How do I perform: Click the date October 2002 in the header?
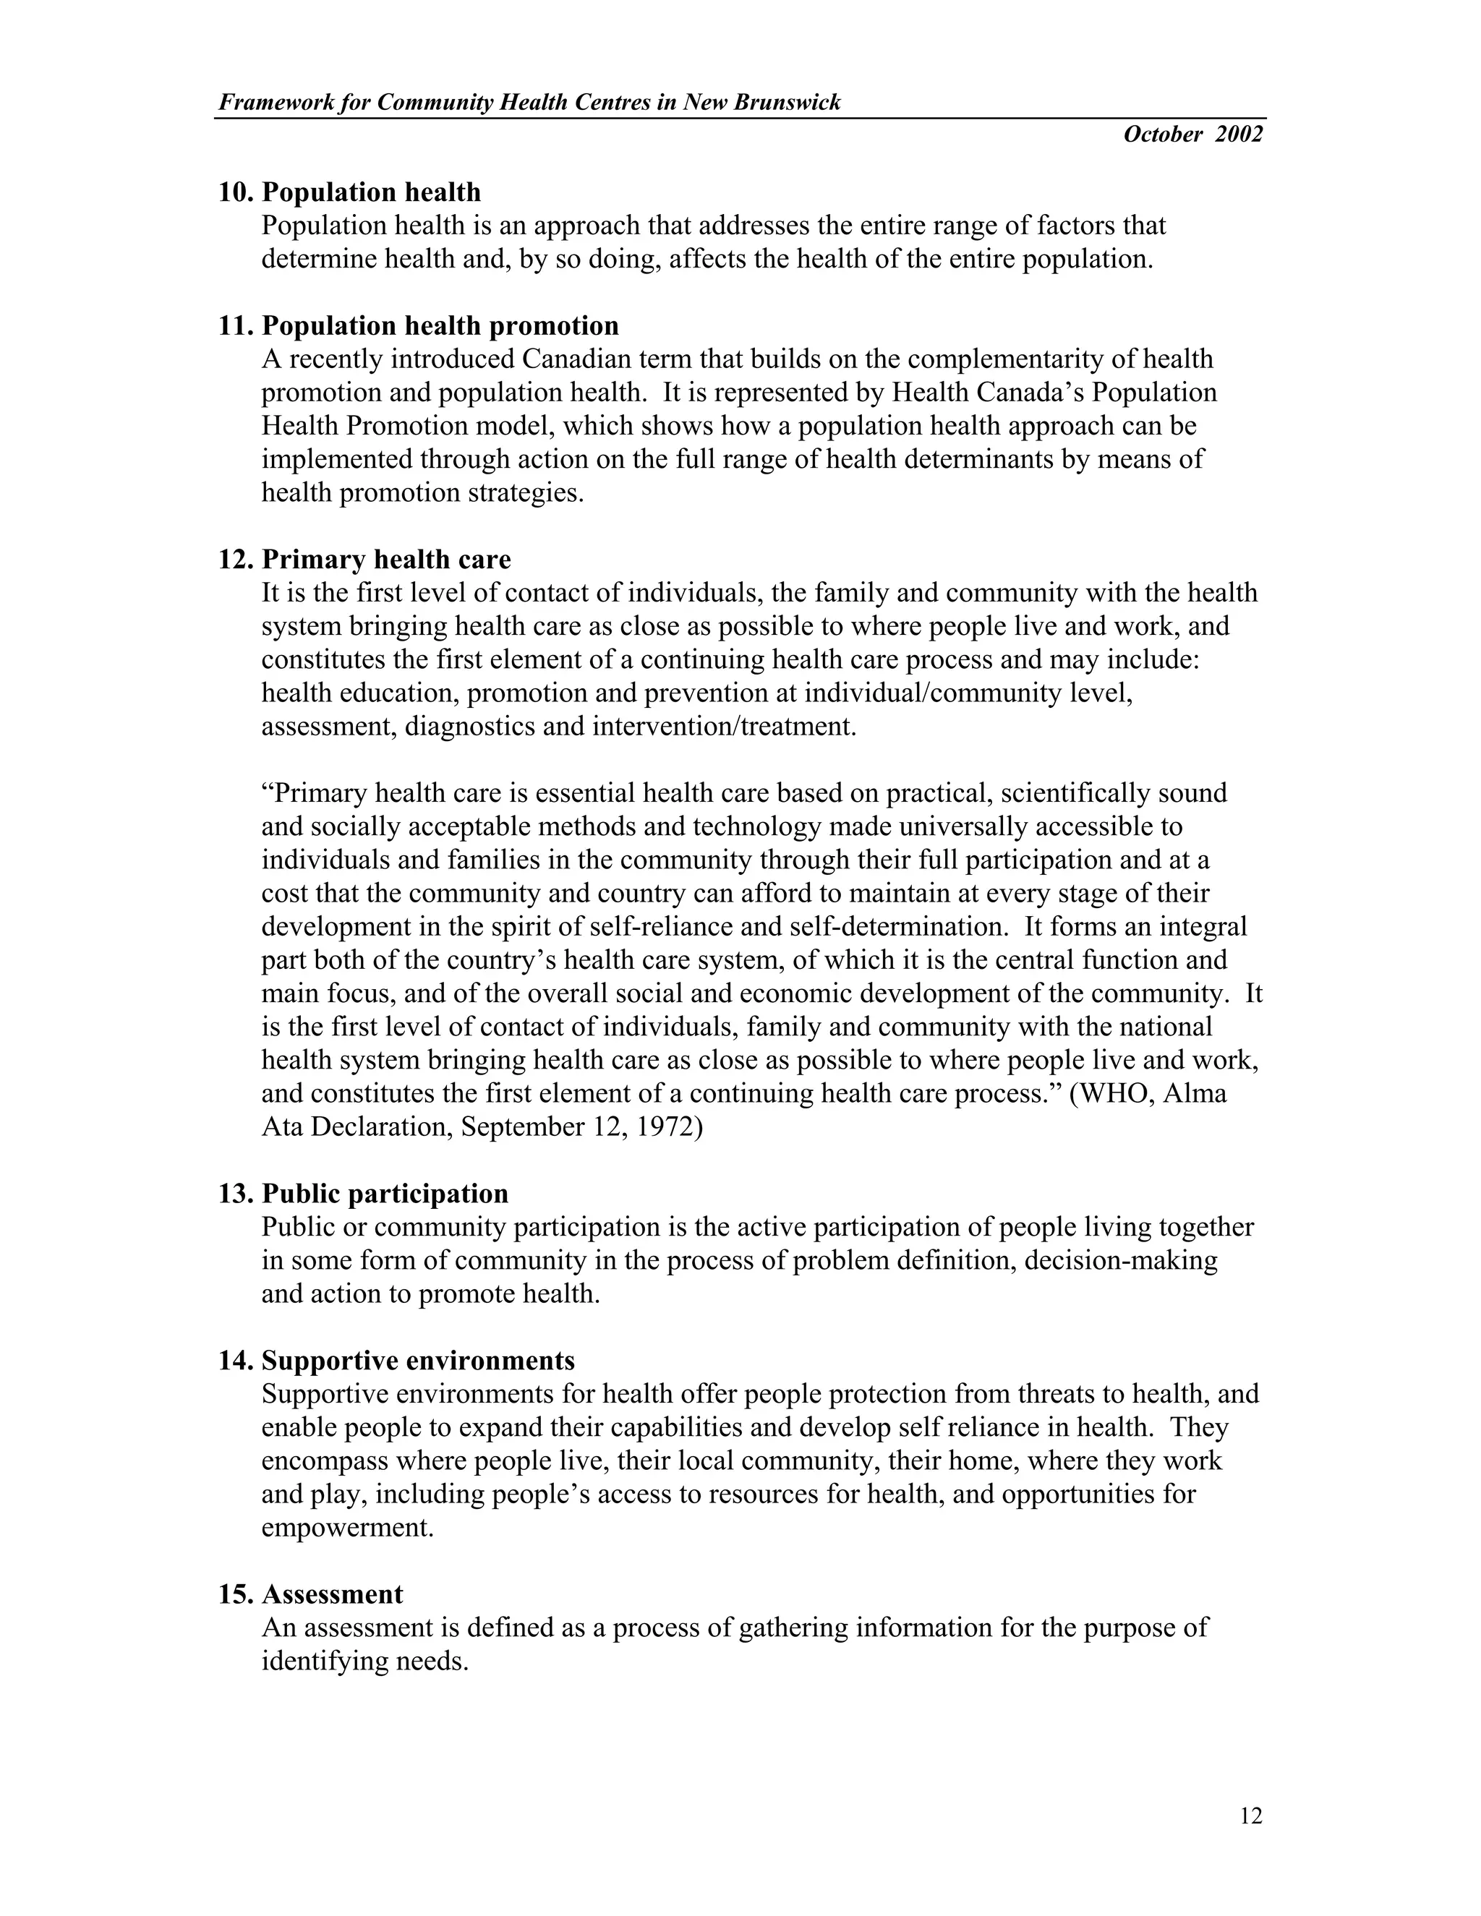click(x=1192, y=134)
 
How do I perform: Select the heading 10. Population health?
click(x=349, y=192)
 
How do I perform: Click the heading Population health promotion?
click(x=440, y=325)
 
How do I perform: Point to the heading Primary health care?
click(x=386, y=559)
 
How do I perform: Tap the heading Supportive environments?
click(x=418, y=1361)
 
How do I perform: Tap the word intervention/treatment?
click(x=724, y=727)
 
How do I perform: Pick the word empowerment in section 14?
click(x=347, y=1527)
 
